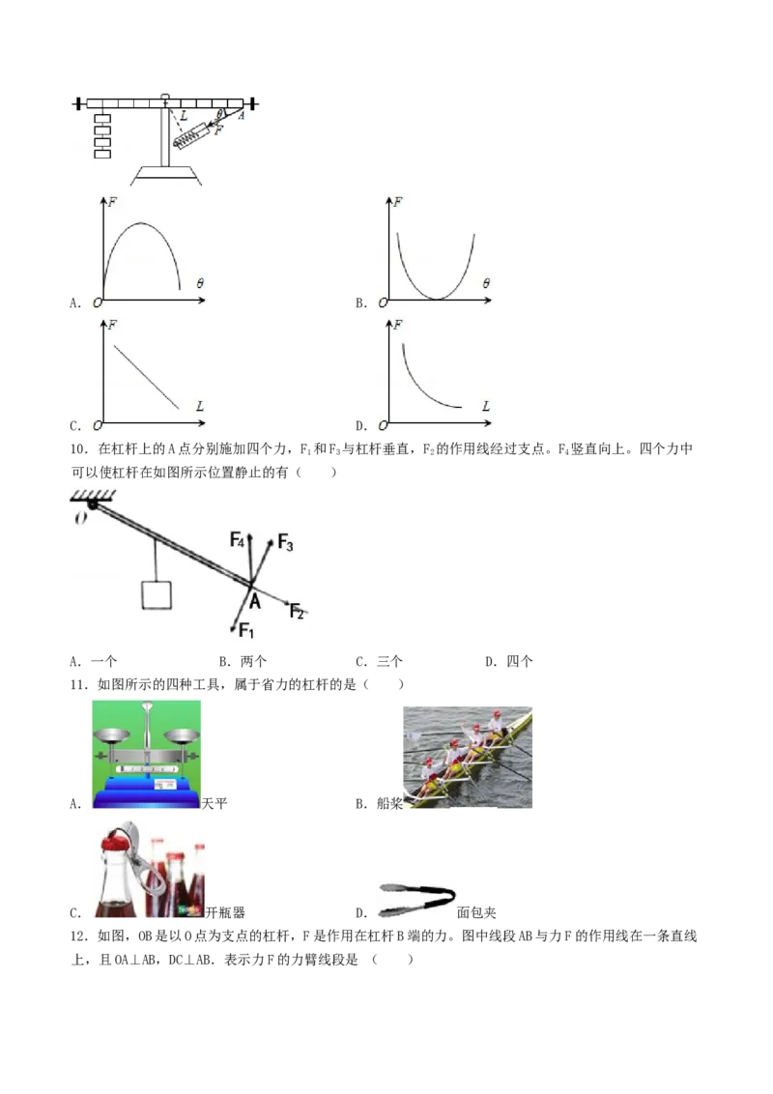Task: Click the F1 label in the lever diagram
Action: click(x=246, y=631)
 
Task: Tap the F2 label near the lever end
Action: click(x=298, y=611)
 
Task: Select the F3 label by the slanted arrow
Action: click(x=285, y=542)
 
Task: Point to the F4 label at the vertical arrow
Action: click(x=237, y=539)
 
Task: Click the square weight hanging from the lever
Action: click(x=157, y=594)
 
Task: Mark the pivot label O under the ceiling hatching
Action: click(x=80, y=518)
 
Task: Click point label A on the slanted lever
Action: click(x=255, y=601)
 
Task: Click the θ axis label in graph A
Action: click(x=200, y=283)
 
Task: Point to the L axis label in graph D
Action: click(x=486, y=405)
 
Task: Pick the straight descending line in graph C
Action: click(x=147, y=377)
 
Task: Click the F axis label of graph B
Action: click(x=398, y=202)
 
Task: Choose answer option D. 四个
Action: click(x=508, y=661)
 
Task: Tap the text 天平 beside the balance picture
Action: click(x=215, y=803)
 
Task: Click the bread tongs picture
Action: click(x=416, y=900)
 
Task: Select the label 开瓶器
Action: click(x=225, y=912)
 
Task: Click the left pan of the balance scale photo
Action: click(x=111, y=735)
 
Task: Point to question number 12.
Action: click(x=78, y=936)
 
